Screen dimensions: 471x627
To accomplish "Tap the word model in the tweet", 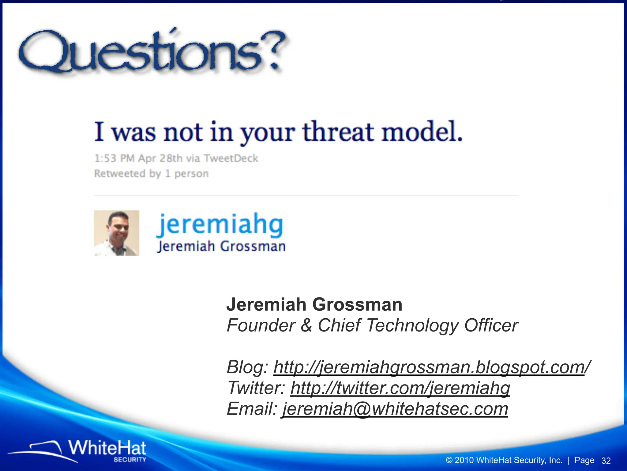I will [x=422, y=132].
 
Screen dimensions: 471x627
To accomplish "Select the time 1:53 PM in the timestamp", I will [x=114, y=159].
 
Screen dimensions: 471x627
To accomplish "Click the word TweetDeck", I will [x=231, y=159].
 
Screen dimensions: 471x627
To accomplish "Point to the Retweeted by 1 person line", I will [x=151, y=174].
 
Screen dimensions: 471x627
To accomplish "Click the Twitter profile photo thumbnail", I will [x=116, y=233].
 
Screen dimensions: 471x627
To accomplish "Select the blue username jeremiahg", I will [x=220, y=225].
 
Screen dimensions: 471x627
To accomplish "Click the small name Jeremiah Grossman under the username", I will [x=221, y=247].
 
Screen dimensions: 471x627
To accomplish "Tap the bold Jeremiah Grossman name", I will [x=314, y=304].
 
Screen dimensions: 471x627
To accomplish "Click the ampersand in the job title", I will [x=306, y=325].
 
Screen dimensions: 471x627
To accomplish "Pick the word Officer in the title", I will [x=491, y=325].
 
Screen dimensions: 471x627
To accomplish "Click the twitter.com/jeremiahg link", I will [x=400, y=388].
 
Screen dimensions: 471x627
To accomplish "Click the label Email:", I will [x=252, y=409].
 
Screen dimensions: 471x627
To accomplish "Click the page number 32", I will [x=606, y=461].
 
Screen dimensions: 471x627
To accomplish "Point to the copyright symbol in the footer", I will [x=449, y=460].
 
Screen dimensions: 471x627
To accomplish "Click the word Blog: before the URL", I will [x=247, y=367].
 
